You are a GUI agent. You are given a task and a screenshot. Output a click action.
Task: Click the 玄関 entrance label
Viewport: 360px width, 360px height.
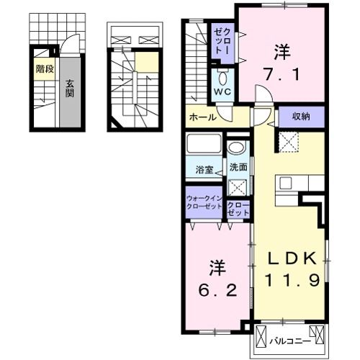(70, 89)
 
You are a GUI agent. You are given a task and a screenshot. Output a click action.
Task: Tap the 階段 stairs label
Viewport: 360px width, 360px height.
(45, 69)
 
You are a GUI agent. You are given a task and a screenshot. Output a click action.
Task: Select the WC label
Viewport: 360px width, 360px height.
(222, 91)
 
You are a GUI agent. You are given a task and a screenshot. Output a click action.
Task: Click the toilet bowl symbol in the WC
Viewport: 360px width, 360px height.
(222, 78)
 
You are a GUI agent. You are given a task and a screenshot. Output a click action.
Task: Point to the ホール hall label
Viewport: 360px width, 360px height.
(203, 117)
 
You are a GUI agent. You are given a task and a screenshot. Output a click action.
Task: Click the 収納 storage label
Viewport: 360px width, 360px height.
(301, 117)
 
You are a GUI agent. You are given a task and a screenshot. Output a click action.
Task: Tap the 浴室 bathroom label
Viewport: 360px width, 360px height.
(204, 170)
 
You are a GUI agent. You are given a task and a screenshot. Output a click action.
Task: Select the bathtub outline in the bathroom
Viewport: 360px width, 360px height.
(204, 143)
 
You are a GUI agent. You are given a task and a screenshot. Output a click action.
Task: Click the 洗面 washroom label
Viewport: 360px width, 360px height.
(238, 167)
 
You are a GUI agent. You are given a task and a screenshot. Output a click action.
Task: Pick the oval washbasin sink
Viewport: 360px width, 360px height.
(236, 147)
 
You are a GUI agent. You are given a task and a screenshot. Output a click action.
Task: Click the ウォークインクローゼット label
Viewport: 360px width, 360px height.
(204, 202)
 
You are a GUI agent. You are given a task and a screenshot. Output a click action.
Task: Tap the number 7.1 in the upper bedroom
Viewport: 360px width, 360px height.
(282, 74)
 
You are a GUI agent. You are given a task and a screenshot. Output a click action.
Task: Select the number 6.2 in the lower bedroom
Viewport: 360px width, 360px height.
(217, 291)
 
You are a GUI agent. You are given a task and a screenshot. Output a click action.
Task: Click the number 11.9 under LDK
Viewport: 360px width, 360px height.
(292, 280)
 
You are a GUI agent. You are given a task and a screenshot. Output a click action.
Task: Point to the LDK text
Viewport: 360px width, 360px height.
(292, 258)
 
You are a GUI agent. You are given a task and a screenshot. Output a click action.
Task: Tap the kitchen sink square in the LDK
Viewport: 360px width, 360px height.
(285, 183)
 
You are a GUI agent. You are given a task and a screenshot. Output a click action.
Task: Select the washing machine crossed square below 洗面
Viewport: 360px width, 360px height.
(237, 187)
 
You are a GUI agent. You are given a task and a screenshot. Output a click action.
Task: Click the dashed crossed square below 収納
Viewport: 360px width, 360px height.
(289, 142)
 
